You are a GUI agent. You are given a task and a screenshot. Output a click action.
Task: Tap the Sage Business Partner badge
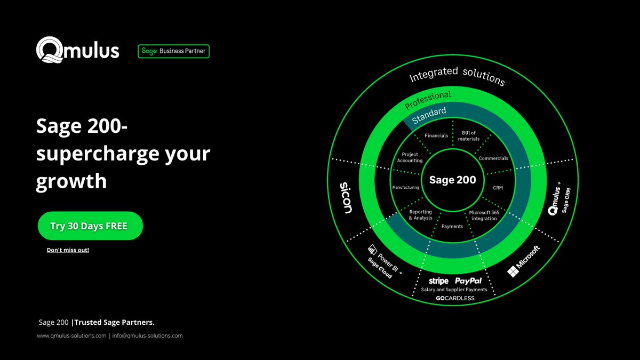pyautogui.click(x=173, y=51)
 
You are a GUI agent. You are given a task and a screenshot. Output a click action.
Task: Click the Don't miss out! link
pyautogui.click(x=68, y=250)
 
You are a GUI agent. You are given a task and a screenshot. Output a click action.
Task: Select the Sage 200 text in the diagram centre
pyautogui.click(x=452, y=180)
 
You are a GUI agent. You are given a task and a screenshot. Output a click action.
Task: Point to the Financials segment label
pyautogui.click(x=436, y=135)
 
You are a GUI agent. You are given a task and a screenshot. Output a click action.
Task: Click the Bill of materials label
pyautogui.click(x=469, y=135)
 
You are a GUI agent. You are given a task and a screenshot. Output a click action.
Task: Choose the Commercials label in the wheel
pyautogui.click(x=493, y=158)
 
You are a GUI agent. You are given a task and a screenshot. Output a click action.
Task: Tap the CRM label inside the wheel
pyautogui.click(x=498, y=188)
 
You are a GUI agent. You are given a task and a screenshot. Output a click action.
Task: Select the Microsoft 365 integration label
pyautogui.click(x=484, y=215)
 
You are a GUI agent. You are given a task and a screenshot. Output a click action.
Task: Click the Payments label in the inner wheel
pyautogui.click(x=452, y=227)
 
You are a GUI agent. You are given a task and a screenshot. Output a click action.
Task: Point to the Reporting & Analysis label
pyautogui.click(x=420, y=215)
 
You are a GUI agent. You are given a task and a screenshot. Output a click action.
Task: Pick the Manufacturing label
pyautogui.click(x=405, y=188)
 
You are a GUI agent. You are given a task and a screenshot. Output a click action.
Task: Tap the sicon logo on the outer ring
pyautogui.click(x=346, y=198)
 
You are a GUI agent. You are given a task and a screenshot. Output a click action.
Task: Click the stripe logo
pyautogui.click(x=438, y=281)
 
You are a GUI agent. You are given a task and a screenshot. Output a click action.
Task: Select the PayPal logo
pyautogui.click(x=468, y=281)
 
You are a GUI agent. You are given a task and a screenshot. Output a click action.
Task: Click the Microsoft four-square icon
pyautogui.click(x=513, y=271)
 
